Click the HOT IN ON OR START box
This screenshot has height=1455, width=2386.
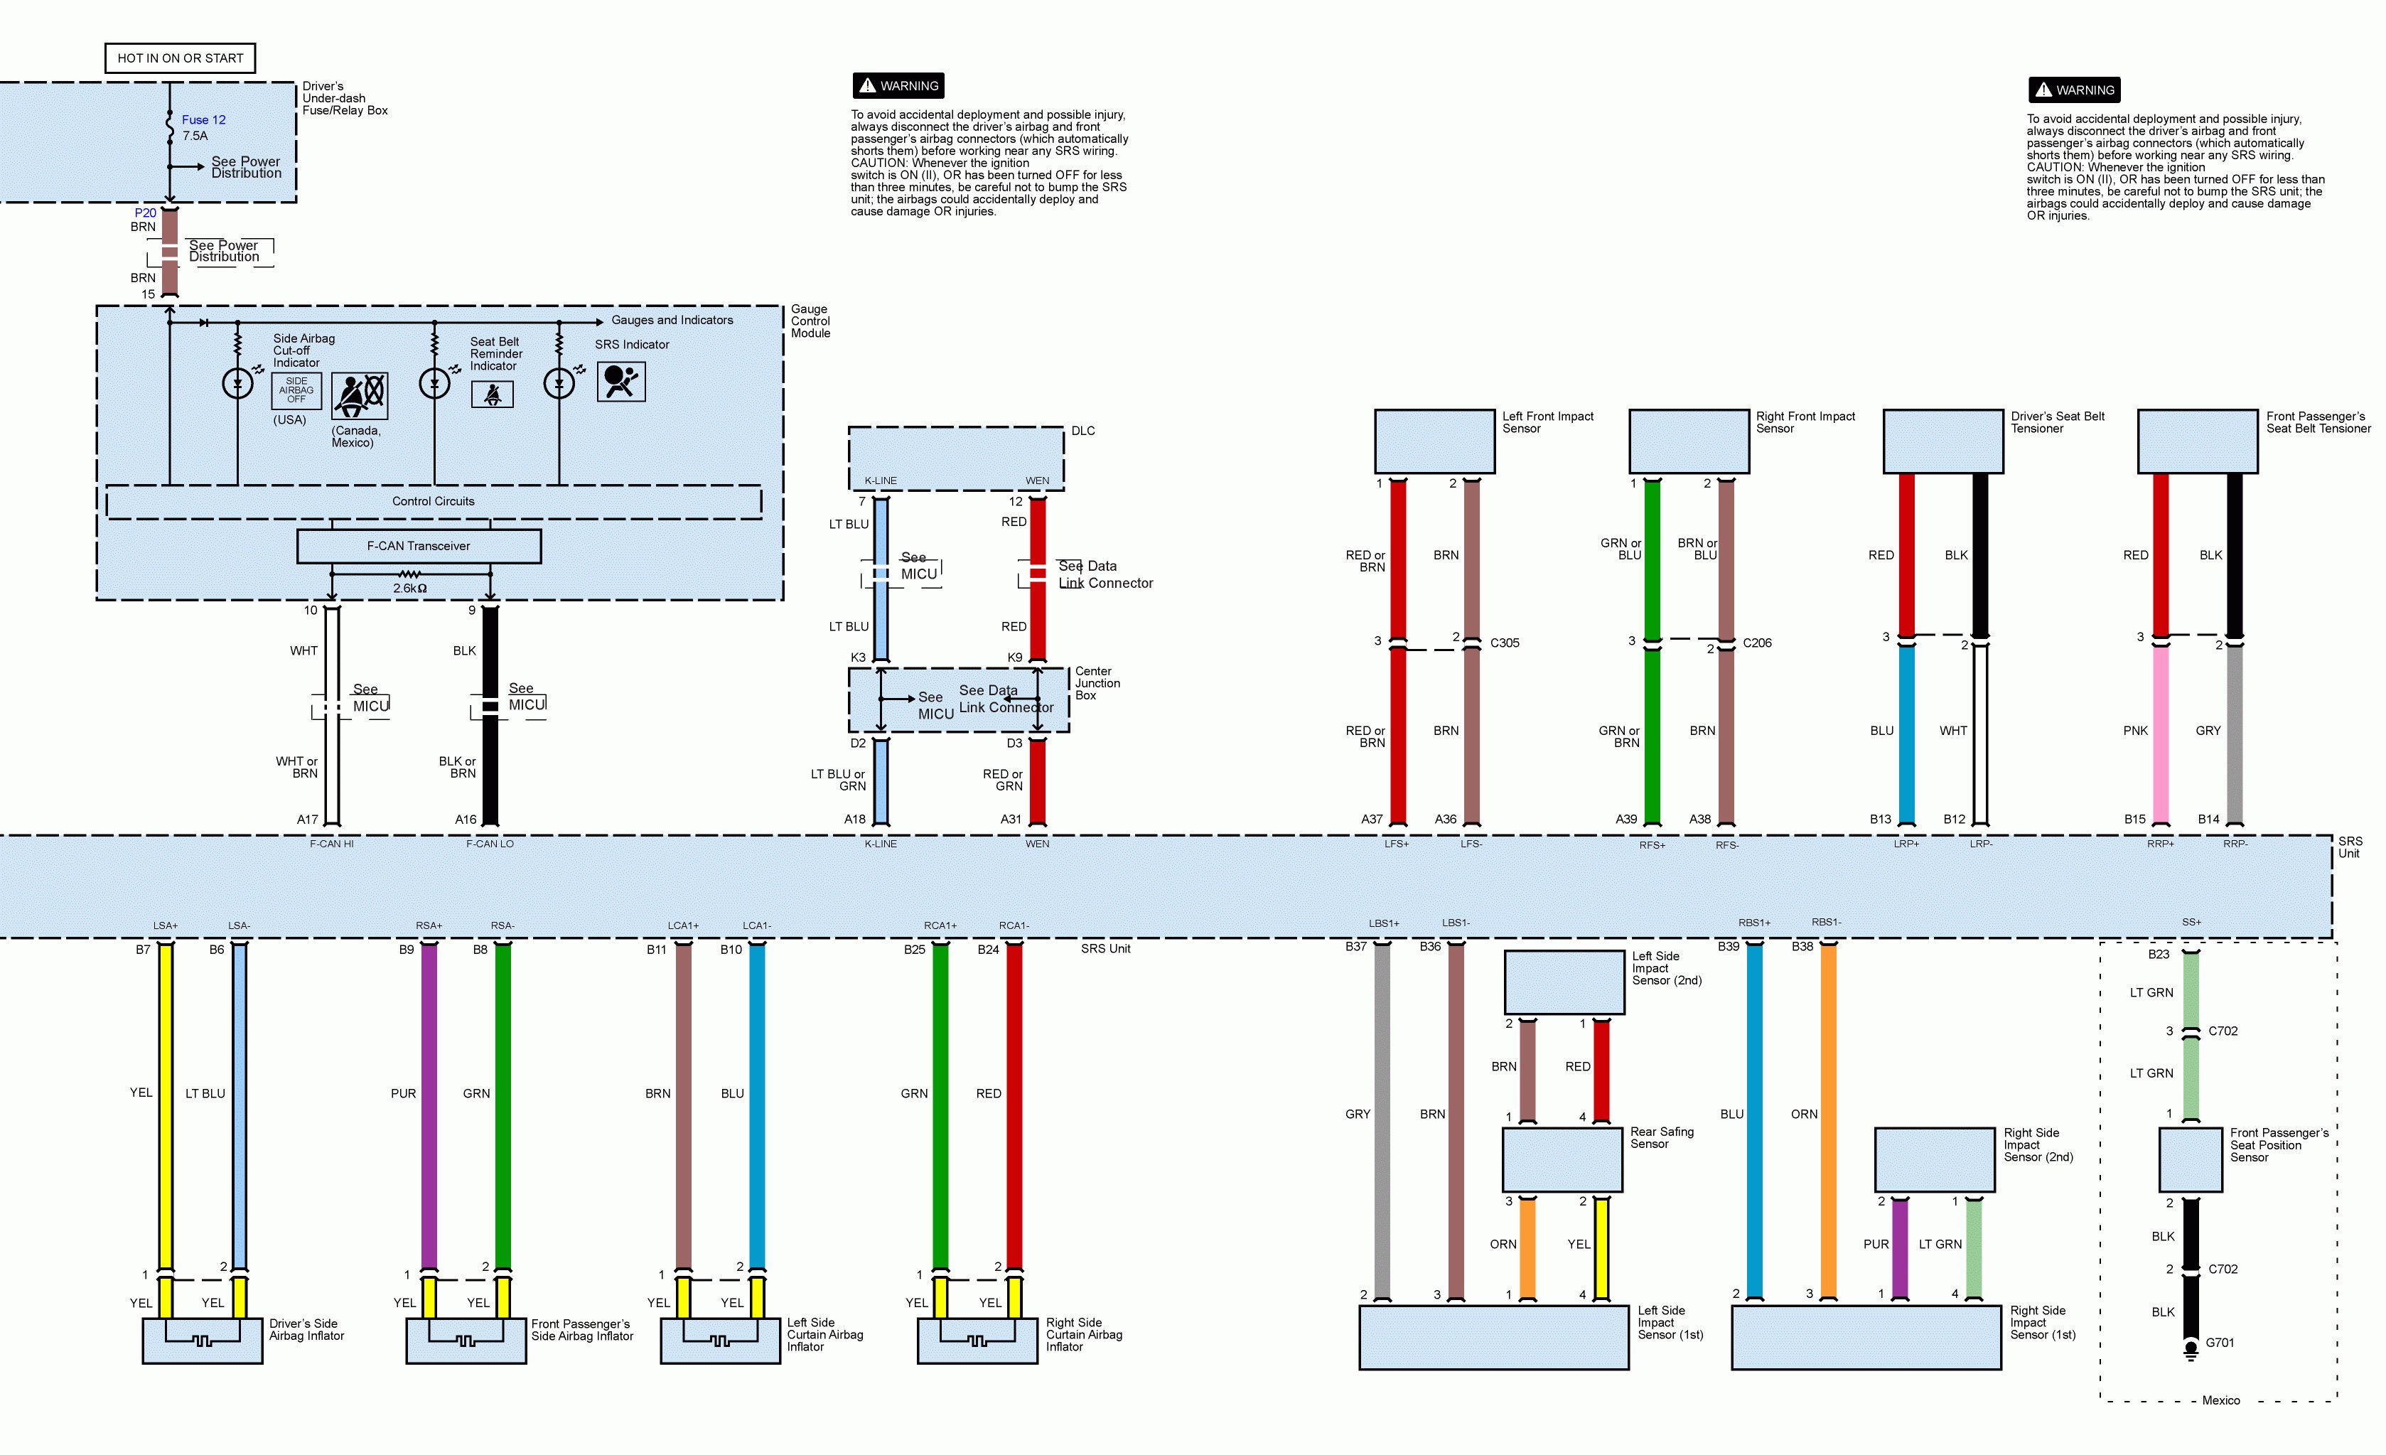180,58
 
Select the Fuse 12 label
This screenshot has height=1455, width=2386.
203,120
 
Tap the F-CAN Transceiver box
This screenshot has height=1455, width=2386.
419,547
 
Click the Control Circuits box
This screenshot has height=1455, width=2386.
433,502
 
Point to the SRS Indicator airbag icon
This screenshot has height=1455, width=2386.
620,382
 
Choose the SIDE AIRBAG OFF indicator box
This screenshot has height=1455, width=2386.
296,390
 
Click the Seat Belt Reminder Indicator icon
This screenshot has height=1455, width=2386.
492,394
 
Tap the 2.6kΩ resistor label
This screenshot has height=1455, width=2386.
409,588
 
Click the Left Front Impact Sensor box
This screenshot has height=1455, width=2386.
1434,441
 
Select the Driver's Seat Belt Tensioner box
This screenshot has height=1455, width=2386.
1942,441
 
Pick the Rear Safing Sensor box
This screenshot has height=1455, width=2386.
1562,1159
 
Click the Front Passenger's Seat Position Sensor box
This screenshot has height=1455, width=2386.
2191,1159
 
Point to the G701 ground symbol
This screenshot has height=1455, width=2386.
2191,1349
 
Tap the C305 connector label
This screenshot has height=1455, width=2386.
1504,643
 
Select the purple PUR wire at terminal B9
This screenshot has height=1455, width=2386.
429,1105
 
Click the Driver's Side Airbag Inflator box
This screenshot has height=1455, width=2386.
203,1341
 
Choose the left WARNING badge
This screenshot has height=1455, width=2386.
898,86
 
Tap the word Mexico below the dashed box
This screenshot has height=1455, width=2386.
2220,1401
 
